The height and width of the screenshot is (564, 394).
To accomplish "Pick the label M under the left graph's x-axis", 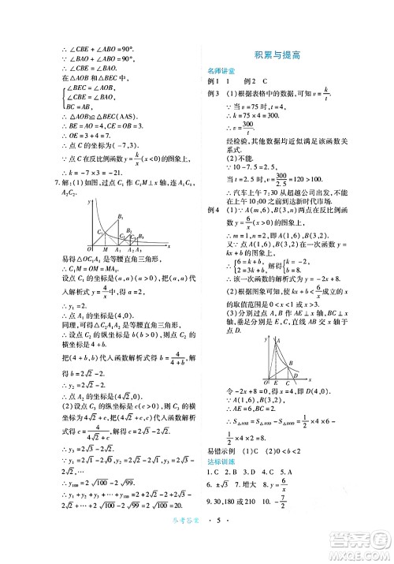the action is [98, 248].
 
